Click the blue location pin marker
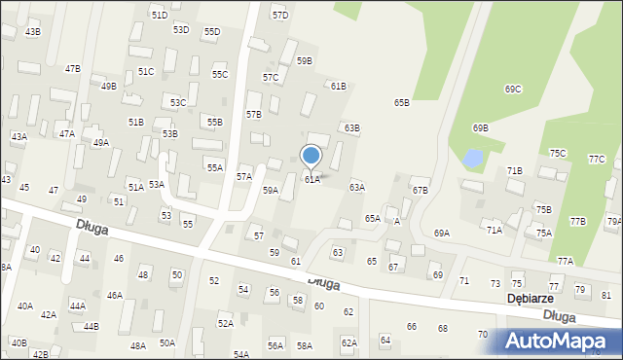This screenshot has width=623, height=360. (x=311, y=156)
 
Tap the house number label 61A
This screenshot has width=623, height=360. (x=312, y=180)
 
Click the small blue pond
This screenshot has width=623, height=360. (x=472, y=157)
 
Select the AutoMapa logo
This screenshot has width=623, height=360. (x=561, y=342)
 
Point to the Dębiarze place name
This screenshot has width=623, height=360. (x=531, y=299)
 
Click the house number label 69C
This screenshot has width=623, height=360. (x=513, y=90)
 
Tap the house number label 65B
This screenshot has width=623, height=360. (x=402, y=102)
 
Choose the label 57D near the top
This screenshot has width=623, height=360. (x=280, y=16)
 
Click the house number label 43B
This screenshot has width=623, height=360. (x=33, y=32)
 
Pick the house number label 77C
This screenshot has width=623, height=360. (x=597, y=159)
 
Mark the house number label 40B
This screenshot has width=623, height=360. (x=18, y=342)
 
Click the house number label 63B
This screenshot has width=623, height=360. (x=352, y=127)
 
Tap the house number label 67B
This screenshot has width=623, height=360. (x=421, y=191)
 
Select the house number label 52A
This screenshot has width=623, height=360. (x=226, y=323)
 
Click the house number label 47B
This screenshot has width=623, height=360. (x=73, y=69)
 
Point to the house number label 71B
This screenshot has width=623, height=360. (x=515, y=170)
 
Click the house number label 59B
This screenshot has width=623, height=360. (x=305, y=61)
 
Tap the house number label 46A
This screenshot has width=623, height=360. (x=115, y=295)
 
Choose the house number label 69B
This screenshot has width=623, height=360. (x=480, y=128)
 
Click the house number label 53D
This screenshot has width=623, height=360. (x=181, y=30)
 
